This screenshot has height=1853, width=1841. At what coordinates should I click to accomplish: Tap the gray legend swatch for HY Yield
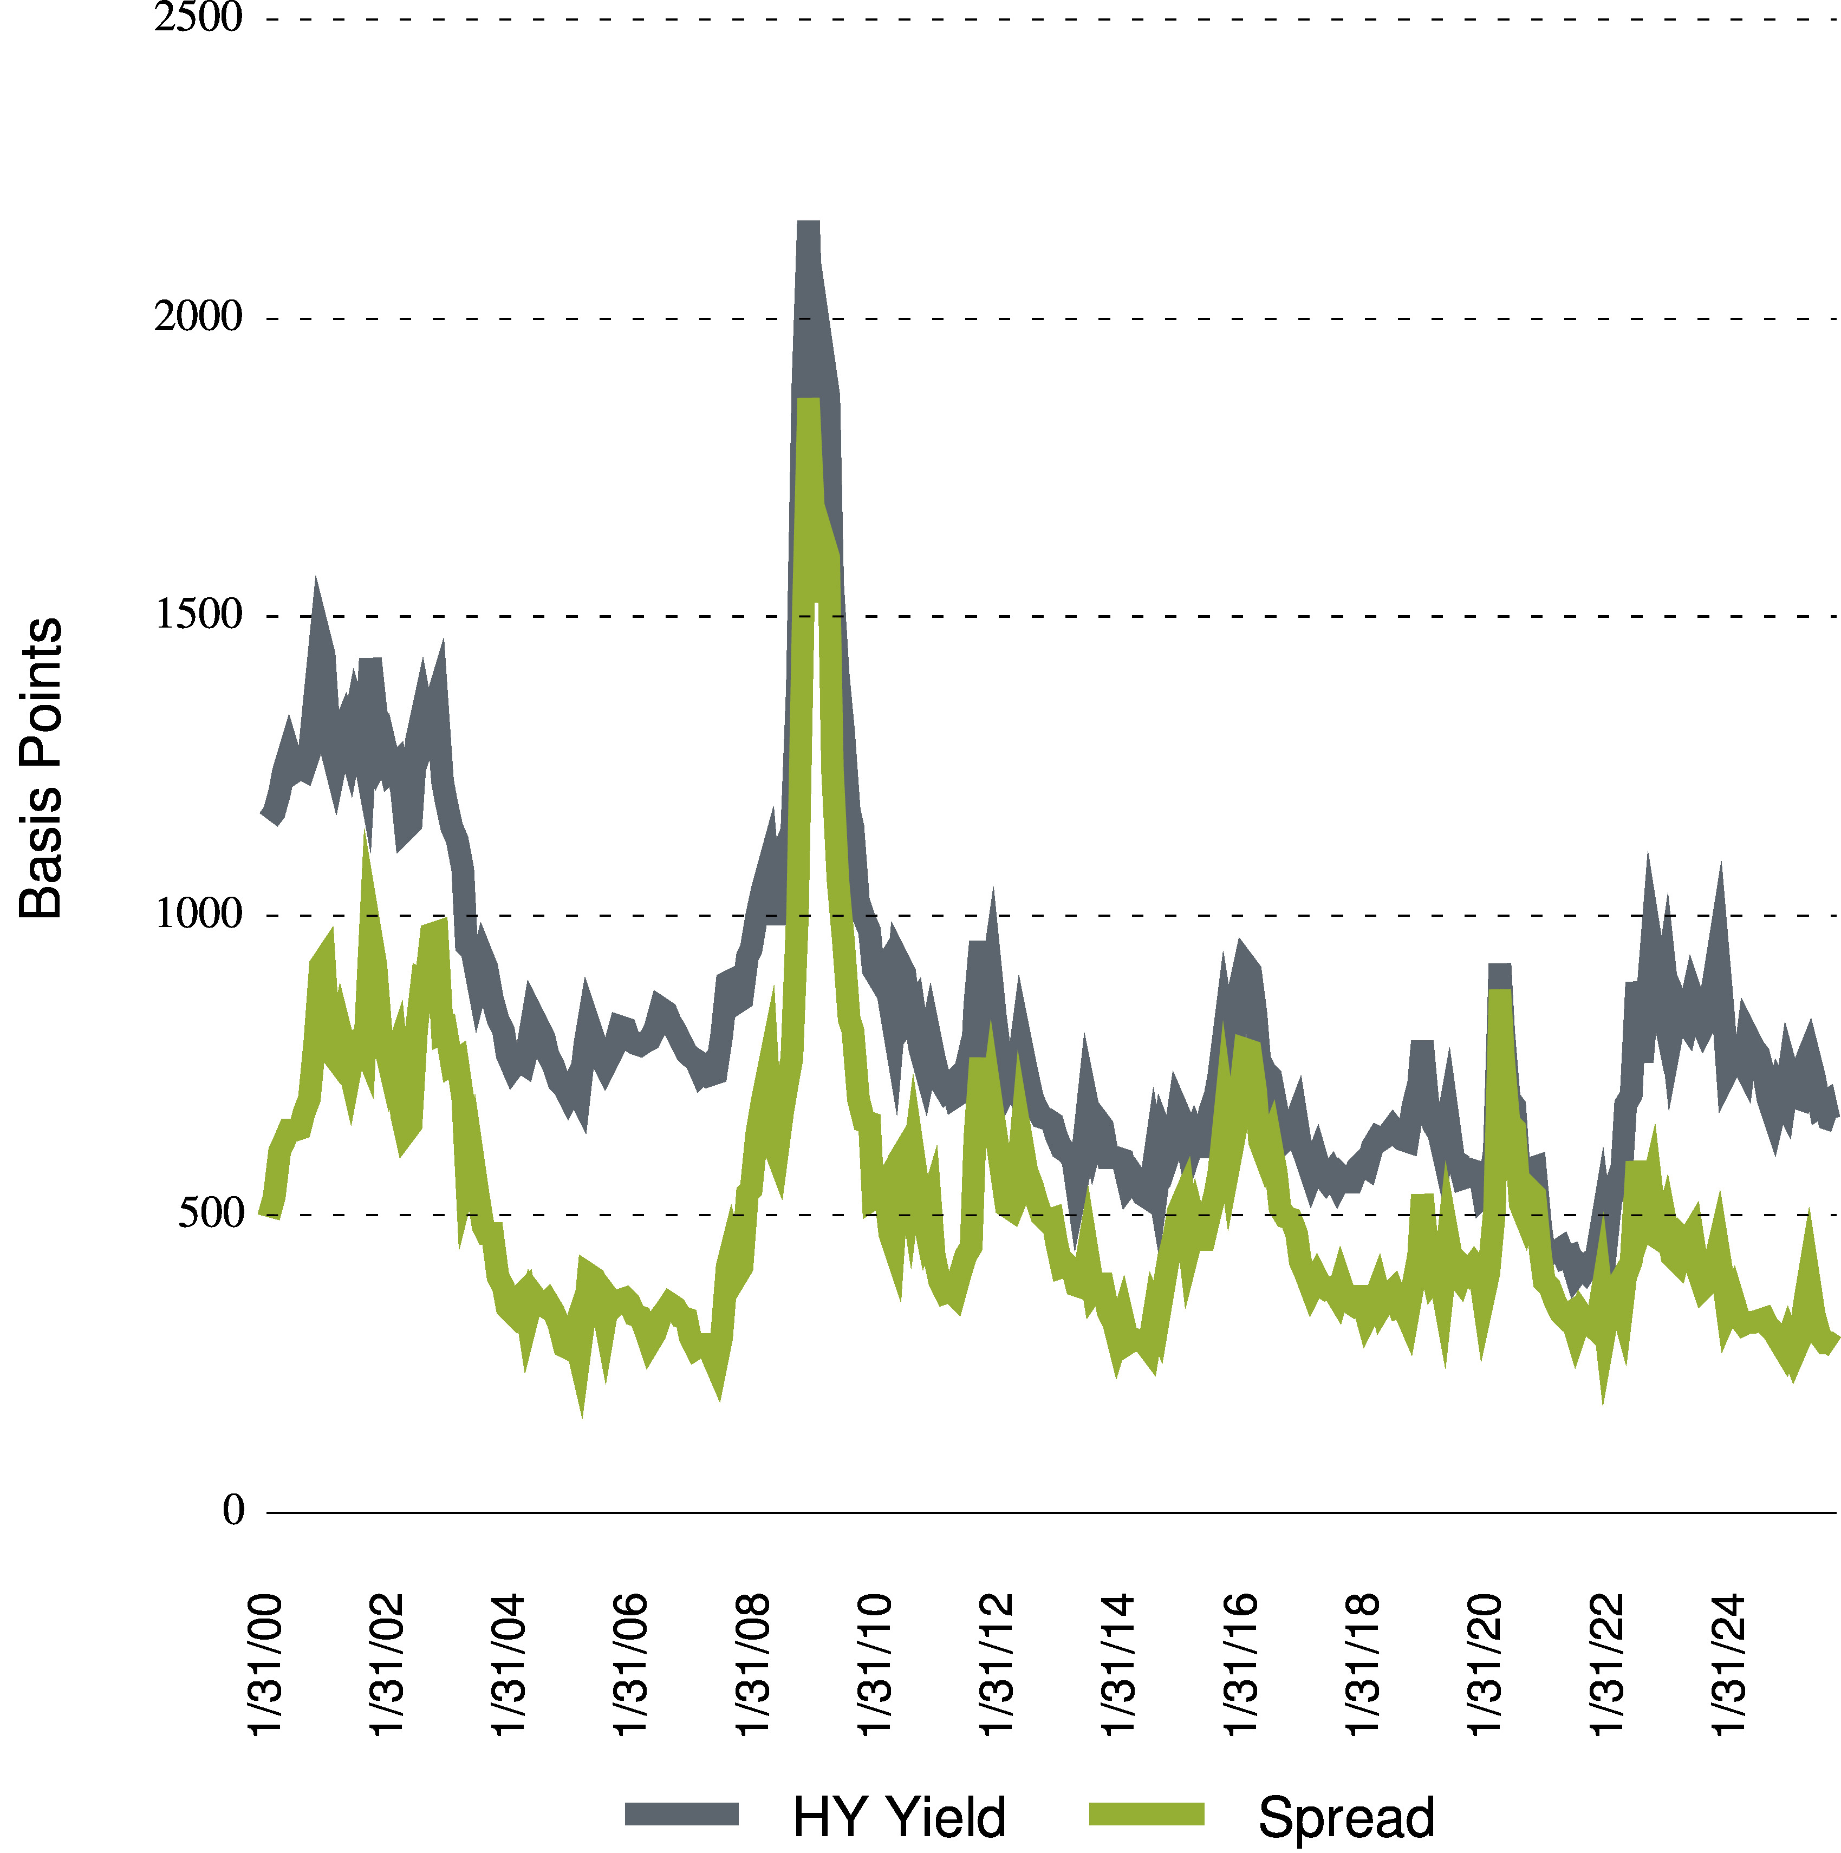[x=681, y=1813]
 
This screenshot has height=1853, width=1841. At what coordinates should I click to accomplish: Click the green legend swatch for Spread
[x=1147, y=1813]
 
